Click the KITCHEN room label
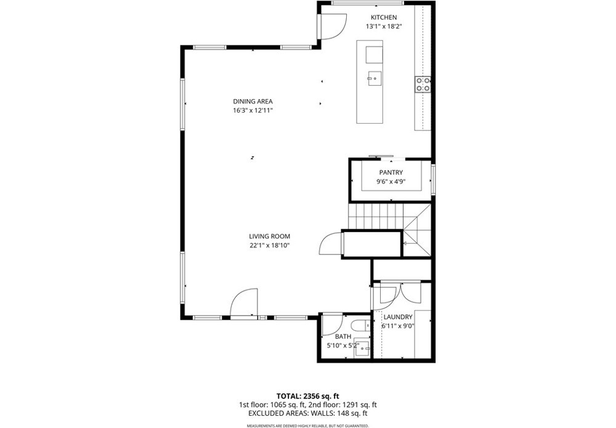point(384,17)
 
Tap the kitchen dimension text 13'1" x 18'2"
point(384,26)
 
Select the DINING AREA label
point(253,102)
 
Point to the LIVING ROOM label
point(270,236)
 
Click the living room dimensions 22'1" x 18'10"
point(270,246)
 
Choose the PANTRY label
point(391,172)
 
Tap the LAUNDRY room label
point(398,317)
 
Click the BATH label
point(343,336)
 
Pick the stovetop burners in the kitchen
point(423,84)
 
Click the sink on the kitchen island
point(375,79)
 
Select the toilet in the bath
point(360,325)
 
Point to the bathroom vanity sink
point(362,347)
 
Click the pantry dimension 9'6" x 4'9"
point(391,182)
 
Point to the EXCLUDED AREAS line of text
point(308,413)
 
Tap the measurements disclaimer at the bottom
point(307,426)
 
